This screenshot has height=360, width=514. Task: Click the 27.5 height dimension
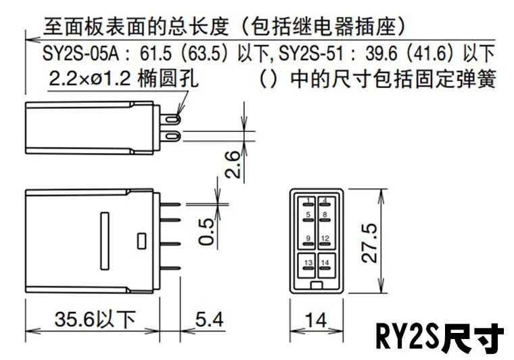pos(369,242)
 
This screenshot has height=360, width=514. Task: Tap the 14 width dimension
pos(316,320)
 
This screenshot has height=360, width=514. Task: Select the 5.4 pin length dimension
pos(209,319)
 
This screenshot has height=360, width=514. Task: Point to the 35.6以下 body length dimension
pos(95,319)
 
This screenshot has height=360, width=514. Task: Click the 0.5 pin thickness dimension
pos(206,232)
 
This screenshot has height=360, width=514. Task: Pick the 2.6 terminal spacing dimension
pos(233,164)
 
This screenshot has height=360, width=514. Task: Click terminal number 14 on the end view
pos(325,263)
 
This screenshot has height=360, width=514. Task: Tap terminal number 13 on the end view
pos(308,263)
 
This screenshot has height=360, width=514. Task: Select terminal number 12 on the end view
pos(325,238)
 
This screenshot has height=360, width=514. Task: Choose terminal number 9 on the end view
pos(308,238)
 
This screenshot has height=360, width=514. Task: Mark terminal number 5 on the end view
pos(308,215)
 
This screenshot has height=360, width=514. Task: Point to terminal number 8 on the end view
pos(325,215)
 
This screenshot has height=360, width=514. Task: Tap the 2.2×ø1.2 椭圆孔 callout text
pos(124,78)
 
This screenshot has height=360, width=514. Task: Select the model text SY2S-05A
pos(80,53)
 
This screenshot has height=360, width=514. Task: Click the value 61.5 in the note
pos(156,53)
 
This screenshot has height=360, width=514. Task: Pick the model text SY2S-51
pos(311,53)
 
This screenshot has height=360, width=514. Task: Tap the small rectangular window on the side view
pos(141,241)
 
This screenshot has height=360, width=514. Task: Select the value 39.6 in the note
pos(381,53)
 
